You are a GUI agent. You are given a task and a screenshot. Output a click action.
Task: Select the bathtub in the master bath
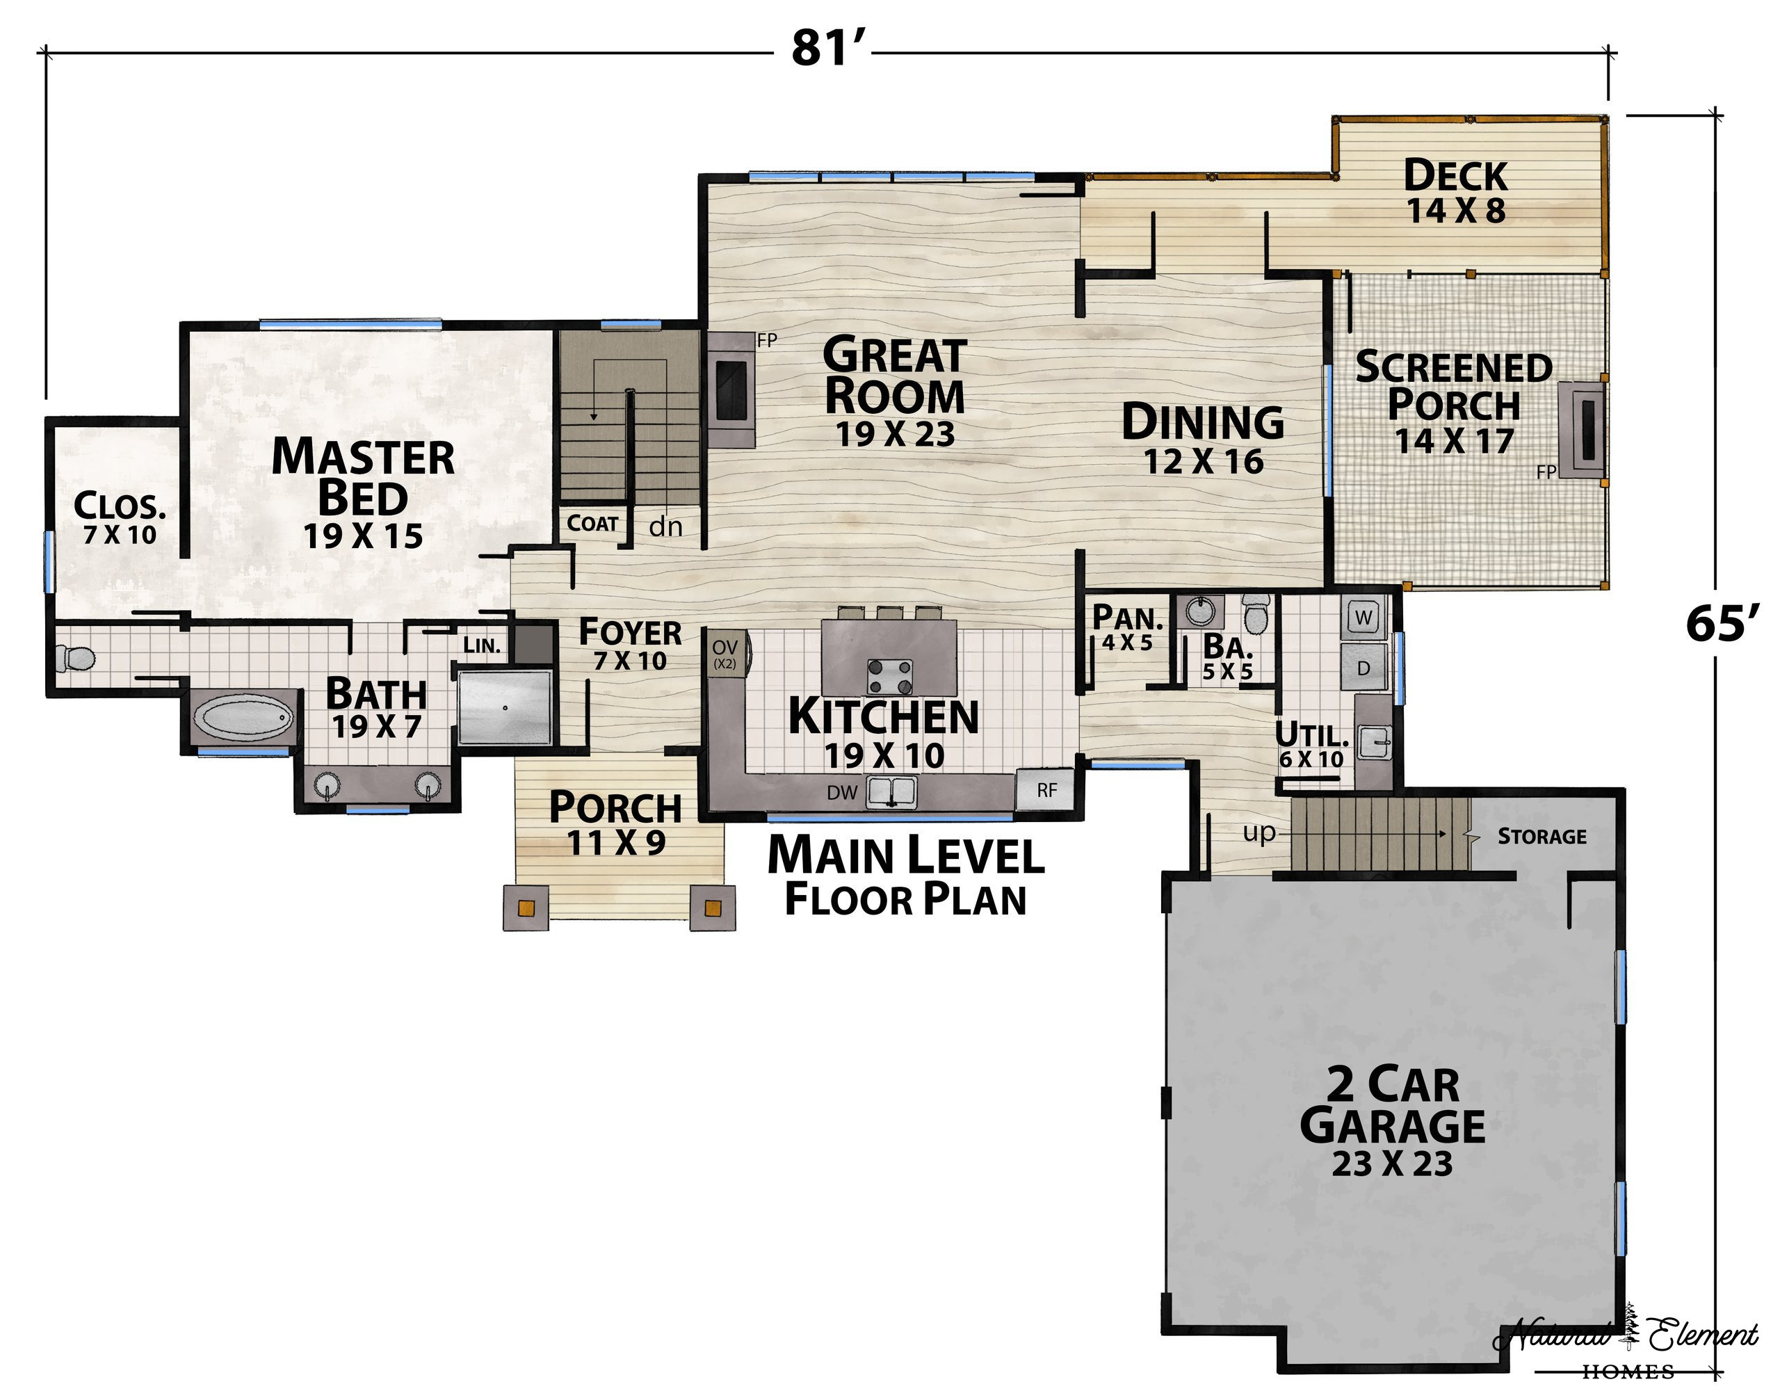coord(243,718)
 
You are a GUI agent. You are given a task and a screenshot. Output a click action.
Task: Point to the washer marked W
coord(1364,618)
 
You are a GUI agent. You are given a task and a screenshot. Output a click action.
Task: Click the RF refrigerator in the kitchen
coord(1046,790)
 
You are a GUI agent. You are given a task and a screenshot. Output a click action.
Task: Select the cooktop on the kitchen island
coord(890,676)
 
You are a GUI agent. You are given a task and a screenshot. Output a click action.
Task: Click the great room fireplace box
coord(731,389)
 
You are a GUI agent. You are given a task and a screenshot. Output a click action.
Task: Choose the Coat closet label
coord(592,523)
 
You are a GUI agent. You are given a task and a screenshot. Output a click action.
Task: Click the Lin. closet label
coord(482,645)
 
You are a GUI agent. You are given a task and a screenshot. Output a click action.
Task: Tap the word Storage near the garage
coord(1542,836)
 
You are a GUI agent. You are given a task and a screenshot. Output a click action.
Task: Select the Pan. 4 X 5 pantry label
coord(1128,629)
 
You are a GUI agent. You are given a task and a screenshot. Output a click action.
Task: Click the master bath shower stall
coord(505,707)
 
